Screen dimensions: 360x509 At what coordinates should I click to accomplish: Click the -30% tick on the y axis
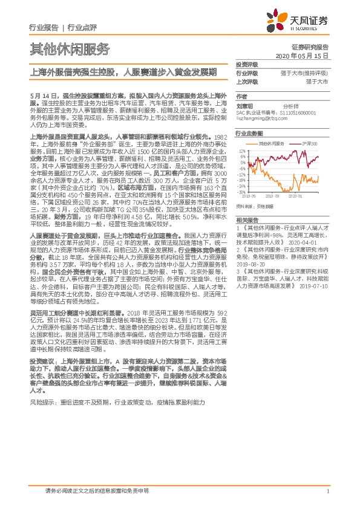(241, 192)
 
